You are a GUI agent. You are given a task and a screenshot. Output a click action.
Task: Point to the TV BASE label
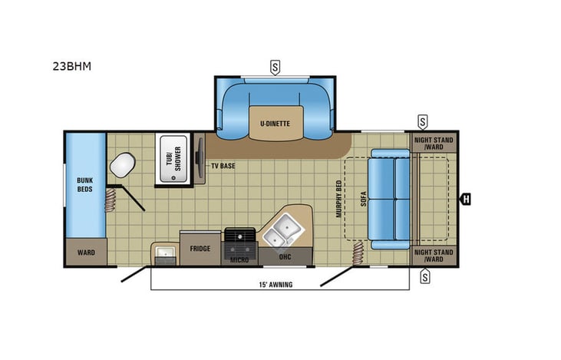(223, 164)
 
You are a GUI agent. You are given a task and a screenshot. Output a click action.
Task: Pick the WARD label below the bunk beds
(84, 252)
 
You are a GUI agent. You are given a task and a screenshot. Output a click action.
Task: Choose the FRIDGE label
(200, 249)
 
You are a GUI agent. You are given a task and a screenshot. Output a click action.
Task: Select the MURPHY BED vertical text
(338, 200)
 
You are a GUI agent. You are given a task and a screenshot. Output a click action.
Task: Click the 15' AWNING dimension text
(275, 285)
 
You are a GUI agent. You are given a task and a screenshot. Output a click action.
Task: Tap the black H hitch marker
(465, 200)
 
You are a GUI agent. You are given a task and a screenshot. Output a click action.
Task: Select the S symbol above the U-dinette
(275, 66)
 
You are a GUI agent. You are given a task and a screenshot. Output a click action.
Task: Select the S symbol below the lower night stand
(424, 277)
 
